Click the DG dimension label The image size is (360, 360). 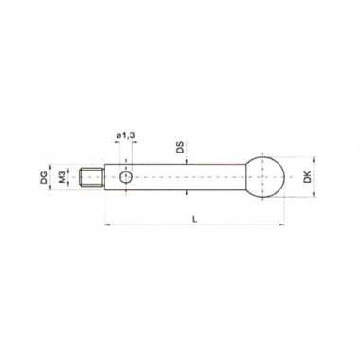45,177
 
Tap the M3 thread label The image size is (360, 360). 63,177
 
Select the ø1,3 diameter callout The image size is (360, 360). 125,135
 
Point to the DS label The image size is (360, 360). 180,147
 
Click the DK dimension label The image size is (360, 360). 307,177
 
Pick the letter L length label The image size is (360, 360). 195,219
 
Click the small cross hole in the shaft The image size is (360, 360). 126,178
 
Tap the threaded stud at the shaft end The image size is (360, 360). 91,178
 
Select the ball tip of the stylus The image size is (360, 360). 266,177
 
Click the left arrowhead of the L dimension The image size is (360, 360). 107,225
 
